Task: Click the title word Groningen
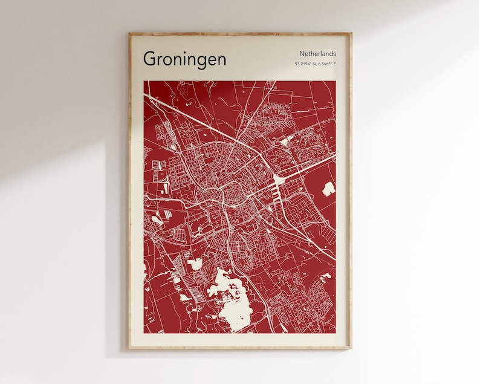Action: pos(185,59)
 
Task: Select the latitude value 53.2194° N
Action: pos(305,63)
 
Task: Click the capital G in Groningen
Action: pos(150,59)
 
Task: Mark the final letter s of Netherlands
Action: pos(334,54)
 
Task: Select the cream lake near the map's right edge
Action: pos(328,189)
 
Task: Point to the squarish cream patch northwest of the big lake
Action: pos(195,264)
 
